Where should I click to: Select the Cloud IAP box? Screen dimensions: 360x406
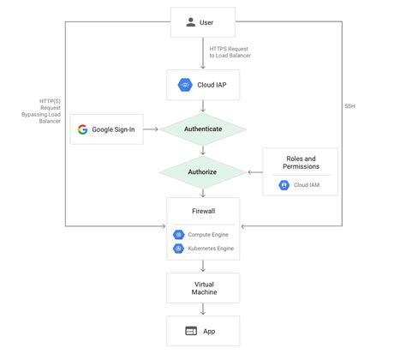(x=202, y=85)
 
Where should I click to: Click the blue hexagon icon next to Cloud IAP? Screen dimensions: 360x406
(x=183, y=85)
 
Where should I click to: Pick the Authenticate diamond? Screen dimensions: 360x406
(x=202, y=129)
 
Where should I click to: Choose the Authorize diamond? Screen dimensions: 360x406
(x=202, y=171)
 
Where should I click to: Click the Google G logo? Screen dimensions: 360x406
(x=83, y=130)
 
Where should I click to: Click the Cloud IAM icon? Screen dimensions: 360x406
(x=284, y=184)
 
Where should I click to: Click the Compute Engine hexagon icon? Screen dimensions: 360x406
(x=179, y=235)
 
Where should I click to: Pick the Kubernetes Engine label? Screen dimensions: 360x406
(x=210, y=249)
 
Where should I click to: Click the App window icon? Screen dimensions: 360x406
(x=192, y=331)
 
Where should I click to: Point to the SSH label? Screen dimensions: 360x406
(x=350, y=105)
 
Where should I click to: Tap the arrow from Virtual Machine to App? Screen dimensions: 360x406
(x=202, y=309)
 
